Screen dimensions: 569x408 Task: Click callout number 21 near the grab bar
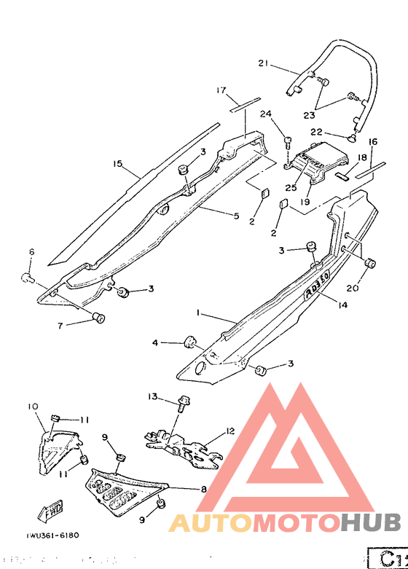click(264, 63)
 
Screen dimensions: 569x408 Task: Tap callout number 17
click(221, 90)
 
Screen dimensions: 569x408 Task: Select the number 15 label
click(117, 164)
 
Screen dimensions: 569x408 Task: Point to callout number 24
click(265, 114)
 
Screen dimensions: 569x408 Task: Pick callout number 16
click(373, 141)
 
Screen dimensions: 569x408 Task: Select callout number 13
click(152, 396)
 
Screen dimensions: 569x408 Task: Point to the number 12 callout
click(230, 431)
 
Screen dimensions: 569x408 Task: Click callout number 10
click(33, 406)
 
